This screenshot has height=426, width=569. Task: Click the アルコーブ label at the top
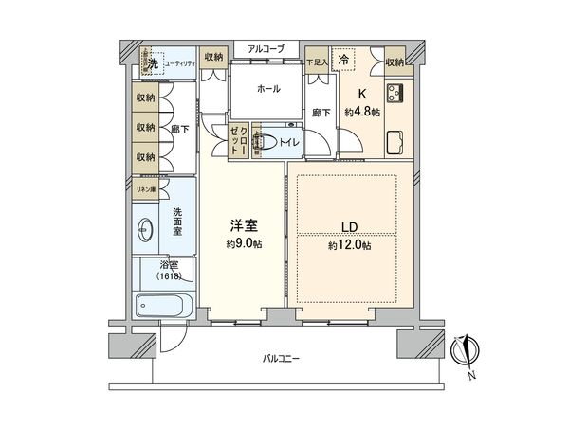pos(265,48)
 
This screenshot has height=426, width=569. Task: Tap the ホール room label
pos(266,87)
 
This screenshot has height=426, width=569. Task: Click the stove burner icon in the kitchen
pos(394,94)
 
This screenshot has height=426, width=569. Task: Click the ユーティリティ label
pos(179,63)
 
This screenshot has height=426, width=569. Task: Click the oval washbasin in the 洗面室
pos(146,227)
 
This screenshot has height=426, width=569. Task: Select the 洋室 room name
pos(242,227)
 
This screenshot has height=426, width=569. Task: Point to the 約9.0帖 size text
pos(243,245)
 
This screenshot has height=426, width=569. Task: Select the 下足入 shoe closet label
pos(317,62)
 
